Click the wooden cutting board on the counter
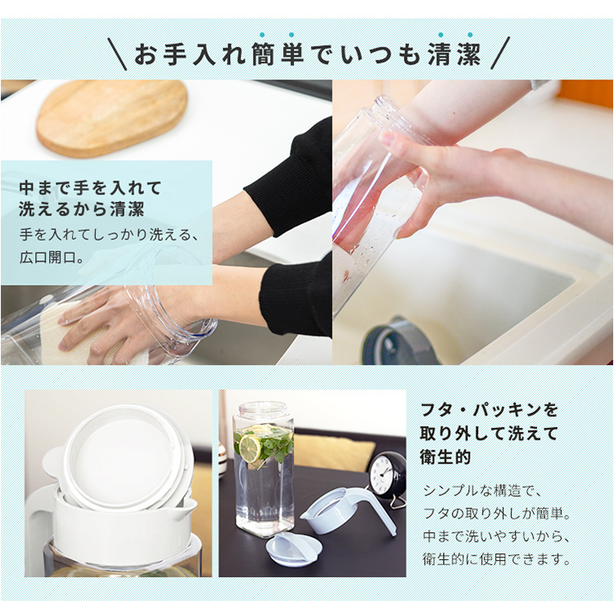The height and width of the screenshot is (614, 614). coord(112,117)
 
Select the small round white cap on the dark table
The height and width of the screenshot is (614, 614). coord(294,547)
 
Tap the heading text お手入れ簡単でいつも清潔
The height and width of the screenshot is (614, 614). coord(307,54)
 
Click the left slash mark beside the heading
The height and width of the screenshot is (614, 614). coord(117,54)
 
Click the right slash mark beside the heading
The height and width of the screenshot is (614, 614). coord(500,53)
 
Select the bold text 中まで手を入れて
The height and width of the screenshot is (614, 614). coord(90,187)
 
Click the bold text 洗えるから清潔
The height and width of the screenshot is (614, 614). coord(81,209)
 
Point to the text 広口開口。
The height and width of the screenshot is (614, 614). coord(52,257)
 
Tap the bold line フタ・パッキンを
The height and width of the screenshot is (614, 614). coord(489,410)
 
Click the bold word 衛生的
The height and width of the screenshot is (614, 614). coord(445,457)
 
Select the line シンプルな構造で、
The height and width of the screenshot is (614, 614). coord(482,490)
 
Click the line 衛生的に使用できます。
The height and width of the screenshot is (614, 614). coord(497,559)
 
